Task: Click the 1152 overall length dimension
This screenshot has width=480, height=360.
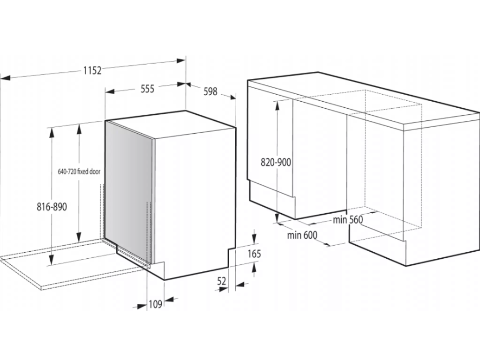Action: coord(92,70)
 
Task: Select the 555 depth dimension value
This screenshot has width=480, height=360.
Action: coord(147,89)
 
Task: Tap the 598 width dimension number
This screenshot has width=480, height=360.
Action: coord(210,91)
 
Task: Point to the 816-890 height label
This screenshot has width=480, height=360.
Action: coord(52,207)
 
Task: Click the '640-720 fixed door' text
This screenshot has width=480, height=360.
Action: coord(79,172)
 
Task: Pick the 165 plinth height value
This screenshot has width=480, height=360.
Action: coord(254,254)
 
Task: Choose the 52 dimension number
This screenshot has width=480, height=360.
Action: coord(221,281)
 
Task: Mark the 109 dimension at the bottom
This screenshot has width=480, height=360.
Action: coord(155,304)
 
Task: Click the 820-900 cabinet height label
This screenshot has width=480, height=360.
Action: coord(276,162)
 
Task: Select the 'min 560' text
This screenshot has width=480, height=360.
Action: coord(348,219)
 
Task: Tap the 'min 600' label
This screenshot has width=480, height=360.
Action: coord(302,235)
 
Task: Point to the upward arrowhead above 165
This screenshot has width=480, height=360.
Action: coord(254,268)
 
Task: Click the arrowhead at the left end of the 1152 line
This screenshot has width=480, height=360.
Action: coord(6,78)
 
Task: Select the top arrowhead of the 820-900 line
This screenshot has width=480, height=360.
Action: coord(277,105)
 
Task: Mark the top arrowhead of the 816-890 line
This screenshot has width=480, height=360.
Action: coord(52,133)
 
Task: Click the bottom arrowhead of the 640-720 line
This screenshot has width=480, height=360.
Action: coord(79,237)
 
